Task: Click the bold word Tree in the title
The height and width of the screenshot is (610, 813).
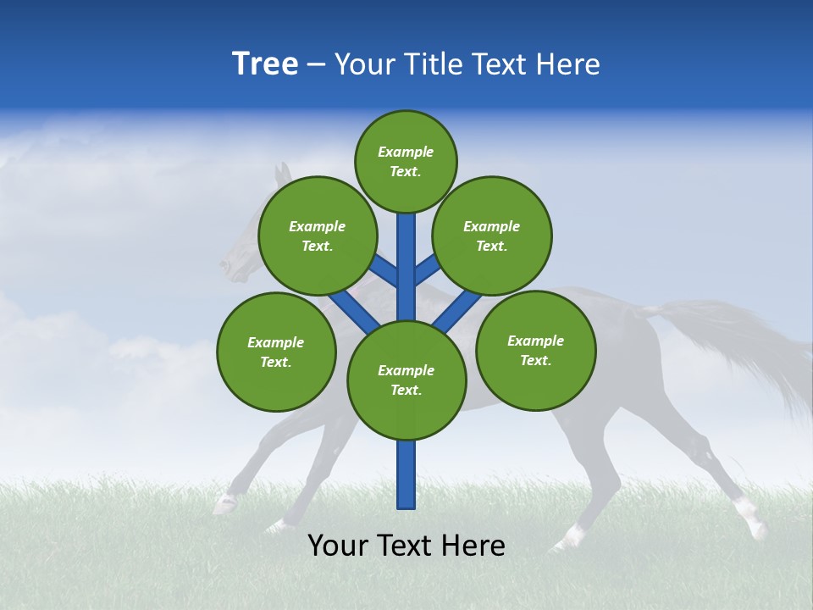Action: click(265, 64)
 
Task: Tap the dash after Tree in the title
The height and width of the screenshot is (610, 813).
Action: click(316, 65)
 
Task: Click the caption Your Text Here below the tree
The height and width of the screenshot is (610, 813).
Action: click(406, 546)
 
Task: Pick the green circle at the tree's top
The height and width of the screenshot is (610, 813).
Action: click(406, 161)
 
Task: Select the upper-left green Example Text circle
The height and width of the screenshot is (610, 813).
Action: click(317, 236)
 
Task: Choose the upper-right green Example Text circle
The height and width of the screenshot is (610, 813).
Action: click(491, 236)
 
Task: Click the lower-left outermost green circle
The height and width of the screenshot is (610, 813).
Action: click(276, 352)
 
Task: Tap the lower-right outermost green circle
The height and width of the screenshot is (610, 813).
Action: click(535, 350)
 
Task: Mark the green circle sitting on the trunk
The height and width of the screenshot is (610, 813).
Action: click(406, 380)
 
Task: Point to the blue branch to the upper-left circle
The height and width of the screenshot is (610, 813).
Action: click(385, 272)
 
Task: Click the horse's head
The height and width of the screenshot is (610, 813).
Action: click(241, 254)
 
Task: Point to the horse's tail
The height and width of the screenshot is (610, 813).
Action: click(745, 339)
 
